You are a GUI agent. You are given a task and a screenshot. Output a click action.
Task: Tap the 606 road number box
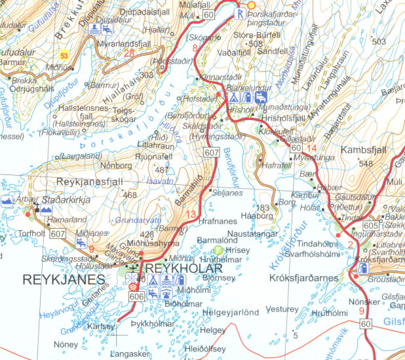(136, 297)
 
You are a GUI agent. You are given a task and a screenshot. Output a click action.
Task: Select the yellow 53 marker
(64, 56)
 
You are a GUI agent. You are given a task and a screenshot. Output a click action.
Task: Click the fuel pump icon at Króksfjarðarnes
(362, 270)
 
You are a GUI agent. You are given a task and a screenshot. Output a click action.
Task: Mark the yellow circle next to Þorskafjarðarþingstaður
(250, 5)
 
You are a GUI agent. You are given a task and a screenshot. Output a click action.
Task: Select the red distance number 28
(129, 53)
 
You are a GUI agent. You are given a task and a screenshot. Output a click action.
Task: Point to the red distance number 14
(311, 148)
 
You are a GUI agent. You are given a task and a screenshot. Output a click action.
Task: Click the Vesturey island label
(282, 308)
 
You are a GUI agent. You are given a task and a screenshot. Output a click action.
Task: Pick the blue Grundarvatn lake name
(138, 221)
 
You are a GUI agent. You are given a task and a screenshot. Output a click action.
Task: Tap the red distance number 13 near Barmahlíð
(191, 215)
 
